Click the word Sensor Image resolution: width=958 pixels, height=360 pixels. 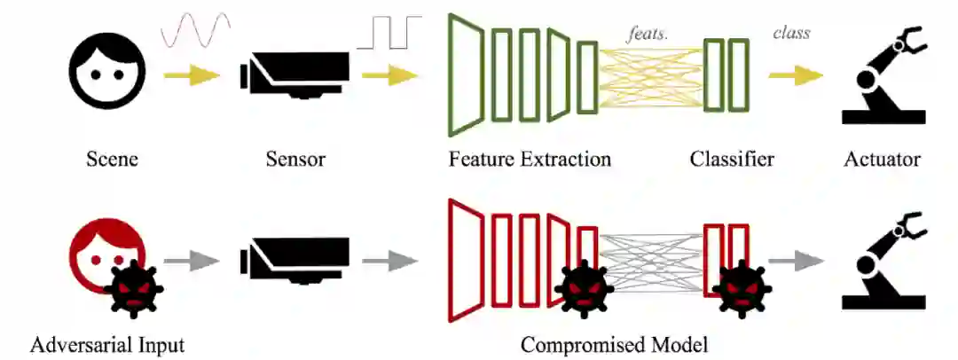coord(295,160)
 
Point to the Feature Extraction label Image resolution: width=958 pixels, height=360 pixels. coord(530,160)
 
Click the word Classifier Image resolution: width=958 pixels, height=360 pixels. coord(732,160)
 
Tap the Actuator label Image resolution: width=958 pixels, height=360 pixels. coord(882,160)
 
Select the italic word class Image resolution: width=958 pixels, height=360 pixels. coord(791,35)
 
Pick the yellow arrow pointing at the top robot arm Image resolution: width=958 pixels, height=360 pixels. coord(796,76)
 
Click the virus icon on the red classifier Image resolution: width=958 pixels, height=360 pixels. coord(742,289)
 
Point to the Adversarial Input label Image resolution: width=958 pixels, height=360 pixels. coord(107,344)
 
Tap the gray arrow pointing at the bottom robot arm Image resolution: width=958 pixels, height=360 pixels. coord(796,261)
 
